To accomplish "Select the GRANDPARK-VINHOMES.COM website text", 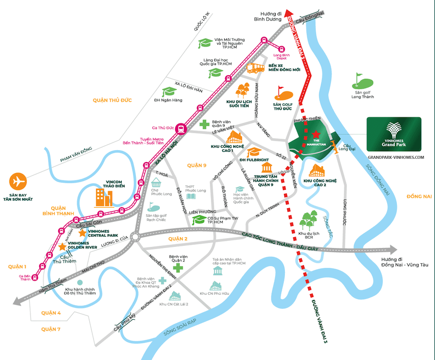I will pos(395,158).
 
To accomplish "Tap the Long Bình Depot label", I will pos(282,57).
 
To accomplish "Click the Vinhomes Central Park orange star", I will pos(83,232).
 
